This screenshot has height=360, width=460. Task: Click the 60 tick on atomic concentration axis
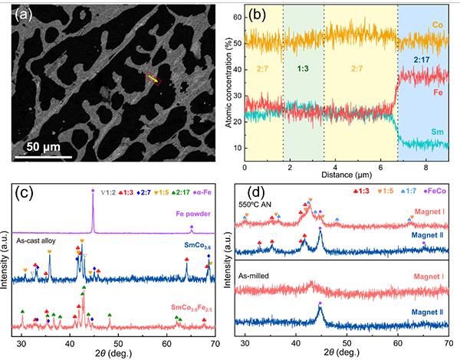click(x=235, y=15)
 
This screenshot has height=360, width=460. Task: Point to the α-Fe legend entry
click(x=208, y=190)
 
